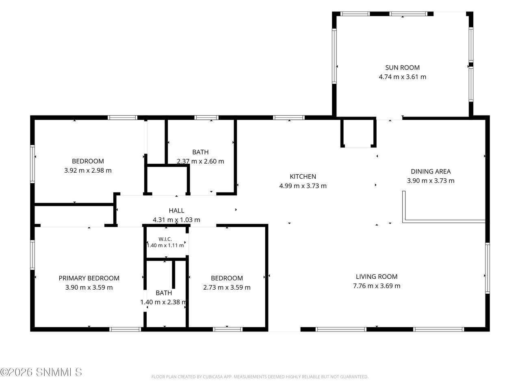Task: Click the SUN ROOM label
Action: point(402,68)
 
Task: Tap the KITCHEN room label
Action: point(303,177)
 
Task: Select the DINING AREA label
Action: point(431,171)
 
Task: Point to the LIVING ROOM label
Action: point(377,277)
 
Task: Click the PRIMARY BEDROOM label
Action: point(89,278)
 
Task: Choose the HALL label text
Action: point(176,210)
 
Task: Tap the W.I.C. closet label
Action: point(165,239)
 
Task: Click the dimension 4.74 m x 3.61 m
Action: point(402,77)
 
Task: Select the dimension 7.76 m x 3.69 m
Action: point(377,286)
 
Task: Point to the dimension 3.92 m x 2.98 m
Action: point(88,171)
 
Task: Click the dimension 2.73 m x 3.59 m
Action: point(227,288)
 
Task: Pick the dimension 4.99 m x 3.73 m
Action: point(303,186)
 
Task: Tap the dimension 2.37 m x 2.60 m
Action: point(200,161)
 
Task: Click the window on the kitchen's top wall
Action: point(288,118)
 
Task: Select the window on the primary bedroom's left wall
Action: point(32,255)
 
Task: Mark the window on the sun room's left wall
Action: point(334,56)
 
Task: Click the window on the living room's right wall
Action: point(487,268)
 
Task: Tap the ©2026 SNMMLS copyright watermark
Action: point(41,373)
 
